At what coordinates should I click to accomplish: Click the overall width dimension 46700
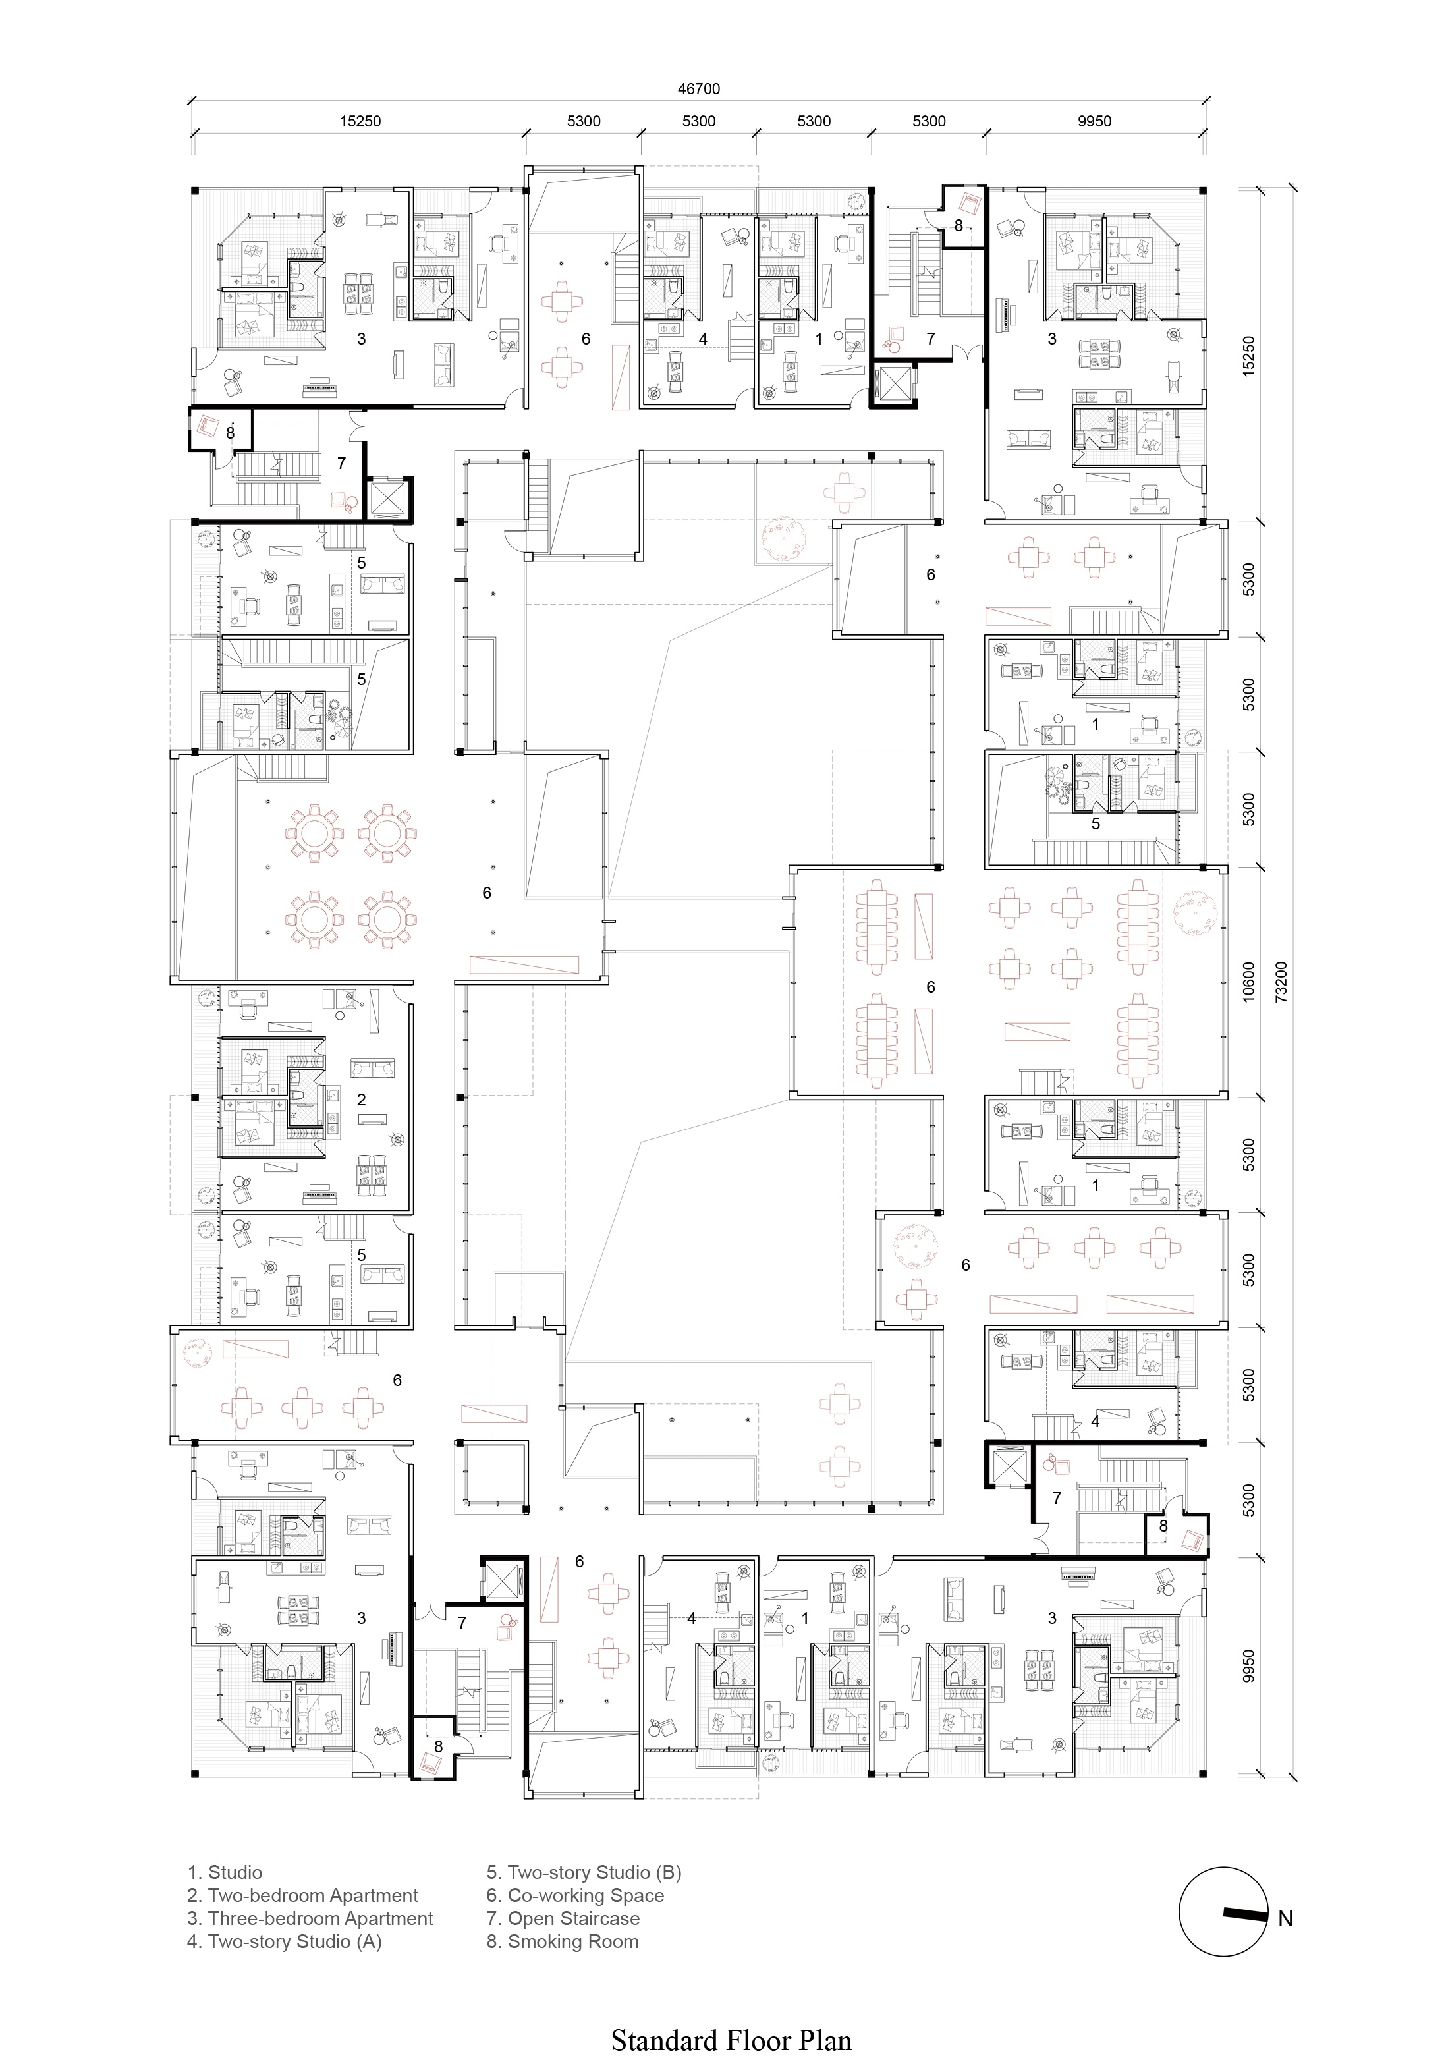coord(699,89)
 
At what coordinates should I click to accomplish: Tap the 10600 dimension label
coord(1249,982)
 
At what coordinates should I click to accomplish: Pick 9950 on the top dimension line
coord(1095,121)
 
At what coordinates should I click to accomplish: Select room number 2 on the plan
coord(361,1100)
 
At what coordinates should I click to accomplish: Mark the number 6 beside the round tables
coord(487,893)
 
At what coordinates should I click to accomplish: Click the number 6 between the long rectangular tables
coord(930,987)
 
